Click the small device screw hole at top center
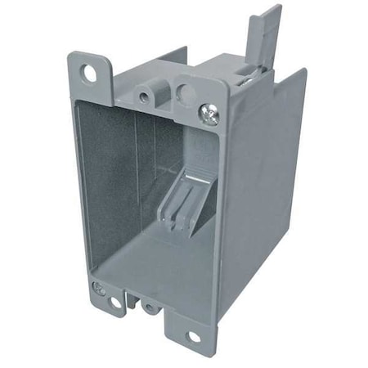point(146,97)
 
